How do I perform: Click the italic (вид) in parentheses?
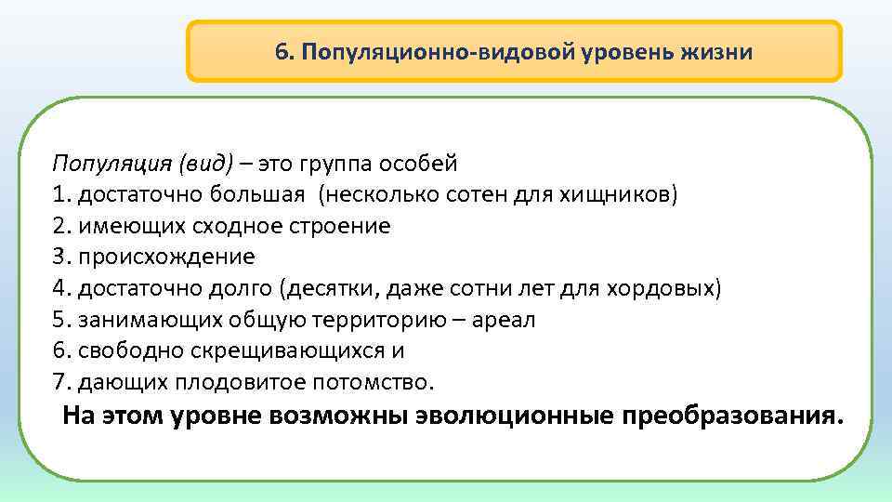tap(202, 165)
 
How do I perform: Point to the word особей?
tap(418, 165)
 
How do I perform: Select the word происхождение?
tap(167, 258)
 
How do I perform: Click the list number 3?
tap(60, 258)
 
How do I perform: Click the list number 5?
tap(60, 320)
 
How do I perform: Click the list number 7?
tap(60, 382)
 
